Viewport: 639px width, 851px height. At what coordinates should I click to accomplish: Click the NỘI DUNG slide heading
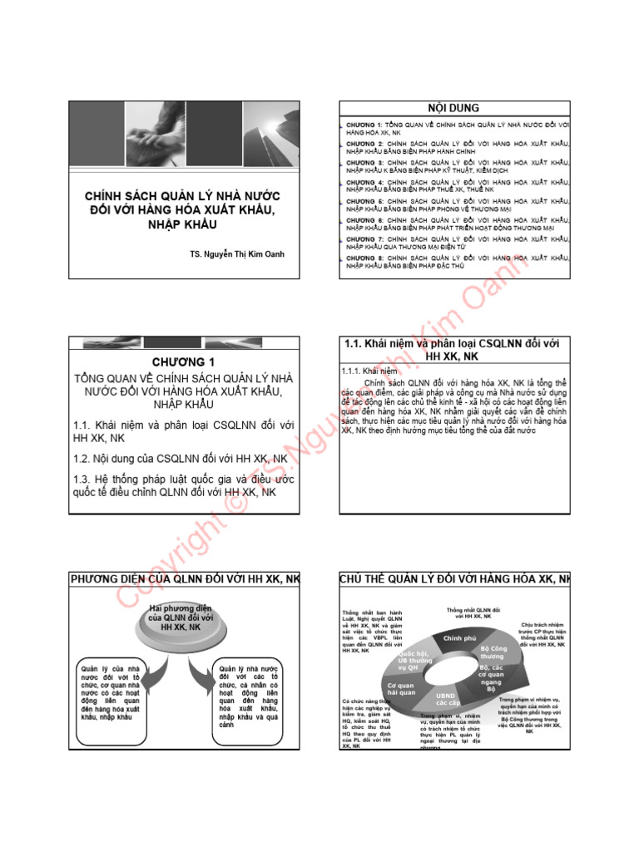pos(453,108)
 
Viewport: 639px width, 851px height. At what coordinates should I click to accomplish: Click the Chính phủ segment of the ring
pos(459,638)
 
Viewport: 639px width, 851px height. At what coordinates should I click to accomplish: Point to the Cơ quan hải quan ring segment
pos(401,688)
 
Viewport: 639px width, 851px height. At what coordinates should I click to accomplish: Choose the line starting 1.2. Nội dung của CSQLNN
pos(180,458)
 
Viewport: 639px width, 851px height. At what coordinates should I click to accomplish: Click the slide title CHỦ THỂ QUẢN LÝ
pos(453,578)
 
